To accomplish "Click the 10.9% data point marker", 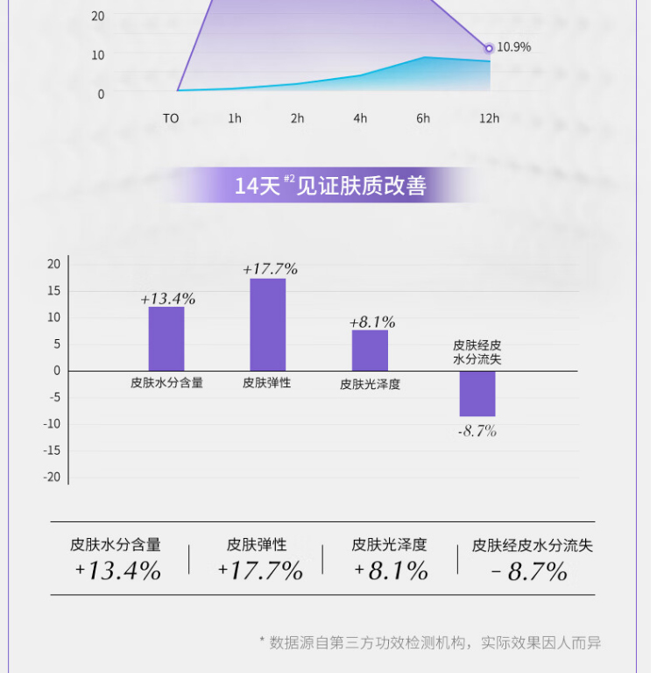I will point(489,47).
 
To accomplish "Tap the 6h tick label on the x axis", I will point(423,118).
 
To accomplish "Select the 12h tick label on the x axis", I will point(489,118).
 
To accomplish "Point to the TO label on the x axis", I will point(171,118).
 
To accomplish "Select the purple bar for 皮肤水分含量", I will point(166,338).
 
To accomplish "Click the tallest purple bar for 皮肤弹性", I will point(268,324).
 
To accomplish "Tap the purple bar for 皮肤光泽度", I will point(370,350).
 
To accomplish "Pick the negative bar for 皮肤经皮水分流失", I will point(477,393).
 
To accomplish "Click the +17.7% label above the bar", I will point(270,268).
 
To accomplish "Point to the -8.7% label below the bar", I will point(477,431).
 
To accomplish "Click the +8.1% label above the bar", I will point(372,322).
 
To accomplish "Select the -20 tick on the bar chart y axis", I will point(53,477).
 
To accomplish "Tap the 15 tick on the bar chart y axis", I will point(53,290).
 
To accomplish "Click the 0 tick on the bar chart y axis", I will point(57,370).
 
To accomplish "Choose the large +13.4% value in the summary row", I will point(118,571).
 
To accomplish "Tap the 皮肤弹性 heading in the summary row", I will point(257,545).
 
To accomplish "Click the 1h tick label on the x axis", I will point(234,118).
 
